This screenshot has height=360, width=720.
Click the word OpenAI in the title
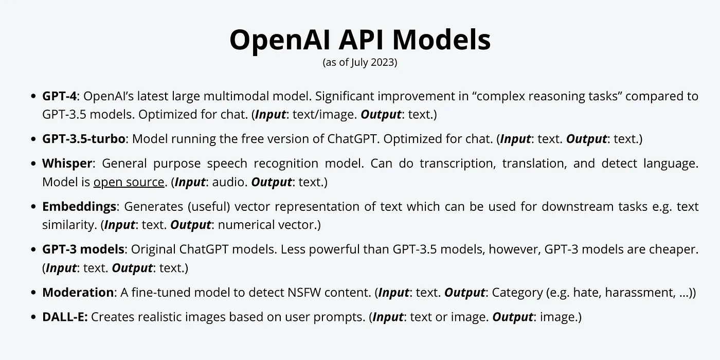coord(280,40)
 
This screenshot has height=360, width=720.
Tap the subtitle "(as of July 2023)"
coord(360,62)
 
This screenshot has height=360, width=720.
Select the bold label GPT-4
coord(60,96)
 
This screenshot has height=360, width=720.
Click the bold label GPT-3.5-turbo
coord(83,139)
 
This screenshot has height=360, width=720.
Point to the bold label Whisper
coord(67,164)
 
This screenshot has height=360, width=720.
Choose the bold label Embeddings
coord(79,207)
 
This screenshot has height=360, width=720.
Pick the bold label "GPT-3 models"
coord(83,249)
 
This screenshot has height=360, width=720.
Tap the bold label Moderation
coord(78,293)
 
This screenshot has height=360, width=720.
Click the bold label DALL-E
coord(65,317)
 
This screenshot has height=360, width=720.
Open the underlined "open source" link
coord(129,182)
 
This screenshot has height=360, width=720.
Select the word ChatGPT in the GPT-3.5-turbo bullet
coord(352,139)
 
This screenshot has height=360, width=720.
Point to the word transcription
coord(457,164)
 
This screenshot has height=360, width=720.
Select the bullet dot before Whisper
coord(33,164)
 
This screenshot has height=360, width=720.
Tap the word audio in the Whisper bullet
coord(230,182)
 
